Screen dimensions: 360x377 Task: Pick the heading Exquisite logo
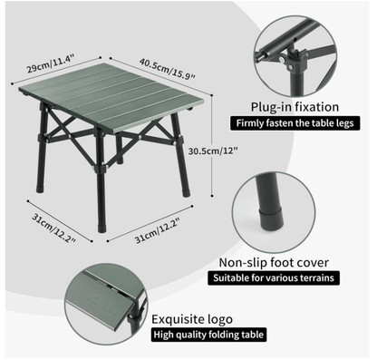[193, 319]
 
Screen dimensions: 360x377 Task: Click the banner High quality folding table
[208, 336]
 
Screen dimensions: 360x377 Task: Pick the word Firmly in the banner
[250, 123]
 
